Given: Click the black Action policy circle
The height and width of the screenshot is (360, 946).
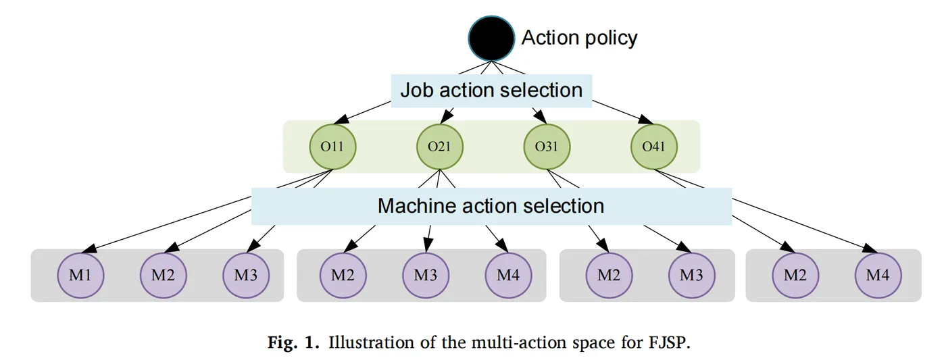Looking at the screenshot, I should pyautogui.click(x=492, y=38).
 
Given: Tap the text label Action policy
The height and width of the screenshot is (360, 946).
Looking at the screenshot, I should pyautogui.click(x=579, y=38).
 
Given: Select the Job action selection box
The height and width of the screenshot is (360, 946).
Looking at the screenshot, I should pyautogui.click(x=491, y=90).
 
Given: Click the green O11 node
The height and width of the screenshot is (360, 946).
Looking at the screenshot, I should pyautogui.click(x=332, y=146).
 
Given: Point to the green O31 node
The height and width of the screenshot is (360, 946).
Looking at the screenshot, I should pyautogui.click(x=547, y=146).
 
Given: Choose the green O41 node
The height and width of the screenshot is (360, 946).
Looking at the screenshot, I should pyautogui.click(x=653, y=146).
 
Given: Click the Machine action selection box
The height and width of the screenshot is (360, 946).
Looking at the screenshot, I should pyautogui.click(x=491, y=205).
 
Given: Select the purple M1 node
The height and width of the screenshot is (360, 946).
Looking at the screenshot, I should pyautogui.click(x=80, y=276).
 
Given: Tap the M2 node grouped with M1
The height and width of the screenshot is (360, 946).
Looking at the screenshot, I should pyautogui.click(x=163, y=276).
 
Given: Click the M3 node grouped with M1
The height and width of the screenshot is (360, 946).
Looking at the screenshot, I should pyautogui.click(x=246, y=276).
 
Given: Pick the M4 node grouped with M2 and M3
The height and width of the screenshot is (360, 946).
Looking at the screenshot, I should pyautogui.click(x=508, y=276).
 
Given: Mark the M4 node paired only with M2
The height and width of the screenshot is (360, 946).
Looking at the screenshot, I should pyautogui.click(x=878, y=276).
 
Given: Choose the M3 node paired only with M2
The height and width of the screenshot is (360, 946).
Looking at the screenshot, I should pyautogui.click(x=691, y=276).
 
